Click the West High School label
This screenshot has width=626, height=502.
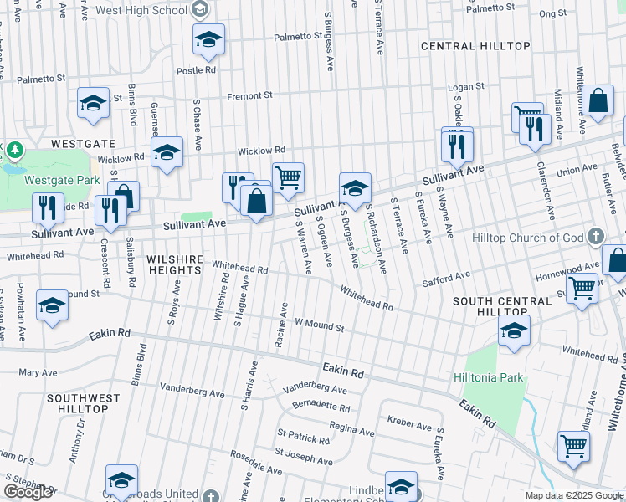[141, 10]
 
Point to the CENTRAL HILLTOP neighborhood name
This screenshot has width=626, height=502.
[475, 45]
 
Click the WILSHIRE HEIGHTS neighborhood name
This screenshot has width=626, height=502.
[174, 265]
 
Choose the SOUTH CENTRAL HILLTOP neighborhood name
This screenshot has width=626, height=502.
[490, 305]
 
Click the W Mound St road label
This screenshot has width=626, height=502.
[319, 325]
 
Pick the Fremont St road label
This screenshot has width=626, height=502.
[250, 95]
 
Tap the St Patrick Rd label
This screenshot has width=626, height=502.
[304, 438]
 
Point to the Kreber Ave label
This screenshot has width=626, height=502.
[409, 425]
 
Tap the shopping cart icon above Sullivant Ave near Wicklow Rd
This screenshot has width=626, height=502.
[288, 176]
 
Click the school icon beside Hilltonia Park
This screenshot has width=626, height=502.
[514, 330]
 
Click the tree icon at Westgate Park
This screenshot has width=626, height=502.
[14, 151]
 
